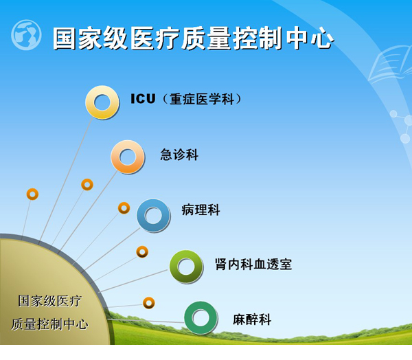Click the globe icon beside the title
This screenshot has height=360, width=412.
26,35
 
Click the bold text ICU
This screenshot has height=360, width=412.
143,99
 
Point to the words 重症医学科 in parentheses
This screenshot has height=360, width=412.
201,100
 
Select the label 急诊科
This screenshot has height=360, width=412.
179,155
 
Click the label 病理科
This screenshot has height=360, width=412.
201,210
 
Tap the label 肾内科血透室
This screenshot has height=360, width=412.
253,265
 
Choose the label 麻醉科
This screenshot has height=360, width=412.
252,319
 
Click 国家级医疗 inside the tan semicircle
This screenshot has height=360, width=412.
49,301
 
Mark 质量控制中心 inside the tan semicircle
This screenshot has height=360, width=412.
49,324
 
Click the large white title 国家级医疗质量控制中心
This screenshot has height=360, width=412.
193,38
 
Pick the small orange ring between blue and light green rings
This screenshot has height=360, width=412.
142,252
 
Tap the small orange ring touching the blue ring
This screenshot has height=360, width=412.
124,208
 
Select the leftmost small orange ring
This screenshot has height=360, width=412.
32,194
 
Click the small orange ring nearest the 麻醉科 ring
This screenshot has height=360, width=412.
149,303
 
